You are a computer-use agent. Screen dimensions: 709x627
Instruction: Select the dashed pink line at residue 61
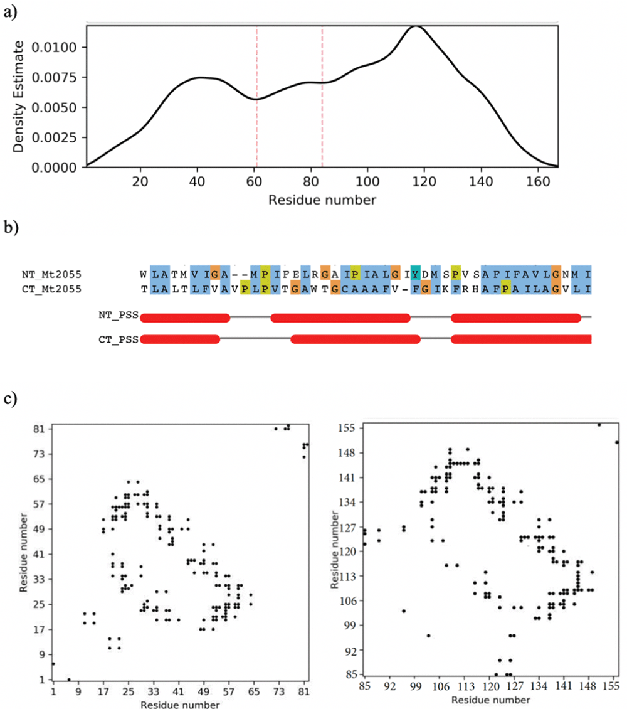pyautogui.click(x=256, y=94)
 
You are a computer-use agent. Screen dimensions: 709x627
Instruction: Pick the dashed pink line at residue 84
pyautogui.click(x=322, y=94)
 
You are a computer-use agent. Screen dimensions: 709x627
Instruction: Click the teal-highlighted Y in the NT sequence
pyautogui.click(x=415, y=274)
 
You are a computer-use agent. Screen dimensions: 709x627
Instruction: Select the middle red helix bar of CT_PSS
pyautogui.click(x=355, y=339)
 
